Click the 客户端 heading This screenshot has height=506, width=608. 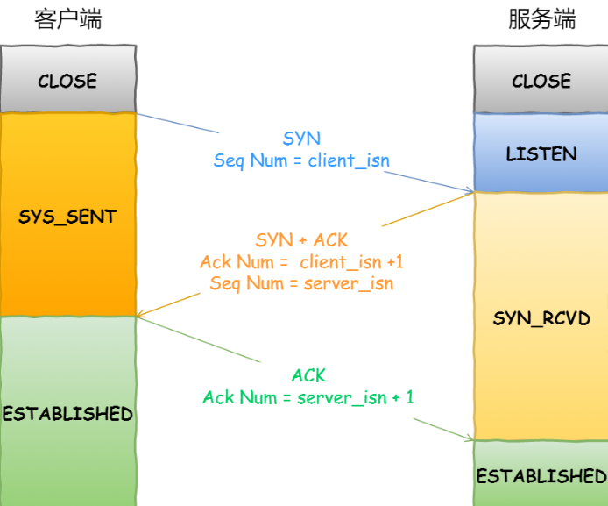click(68, 19)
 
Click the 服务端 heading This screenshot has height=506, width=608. click(541, 19)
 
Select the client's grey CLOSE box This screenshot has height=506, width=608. click(68, 79)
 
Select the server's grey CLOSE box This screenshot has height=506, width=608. click(541, 79)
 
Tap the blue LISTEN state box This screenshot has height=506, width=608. click(541, 153)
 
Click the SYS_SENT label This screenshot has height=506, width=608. click(67, 217)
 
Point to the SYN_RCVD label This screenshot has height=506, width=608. click(541, 318)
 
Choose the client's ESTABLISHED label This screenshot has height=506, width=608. click(67, 414)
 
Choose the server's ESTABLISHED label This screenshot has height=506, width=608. click(541, 476)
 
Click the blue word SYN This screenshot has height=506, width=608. click(301, 139)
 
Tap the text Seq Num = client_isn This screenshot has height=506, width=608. click(301, 160)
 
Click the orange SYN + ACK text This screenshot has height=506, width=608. click(301, 239)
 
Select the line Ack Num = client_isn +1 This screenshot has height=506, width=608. click(301, 262)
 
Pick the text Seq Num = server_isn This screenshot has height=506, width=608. click(301, 283)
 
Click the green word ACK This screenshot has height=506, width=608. click(308, 375)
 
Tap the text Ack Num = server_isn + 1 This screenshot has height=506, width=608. click(308, 397)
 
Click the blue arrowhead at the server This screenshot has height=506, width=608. click(470, 190)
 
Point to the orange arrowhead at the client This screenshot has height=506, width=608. click(139, 315)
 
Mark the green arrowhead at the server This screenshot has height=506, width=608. click(470, 438)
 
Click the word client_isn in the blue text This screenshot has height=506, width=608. click(349, 160)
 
